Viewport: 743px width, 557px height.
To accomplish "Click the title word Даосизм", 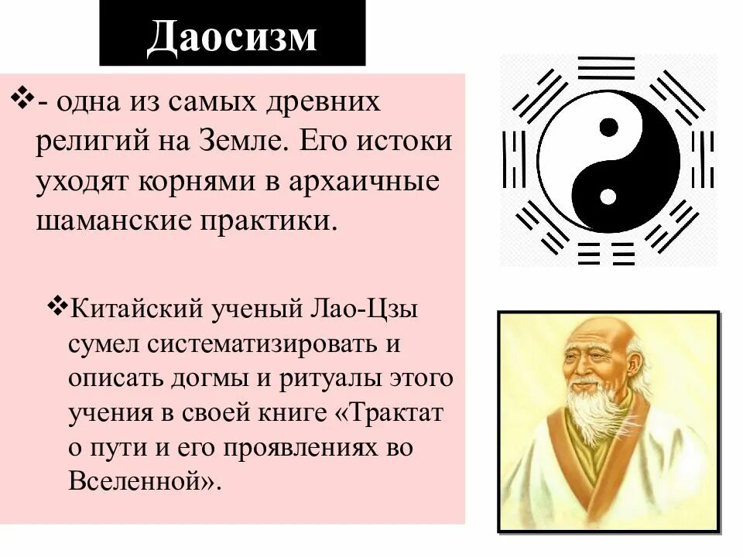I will pyautogui.click(x=232, y=36).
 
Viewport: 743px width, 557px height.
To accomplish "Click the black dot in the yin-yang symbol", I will pyautogui.click(x=609, y=125).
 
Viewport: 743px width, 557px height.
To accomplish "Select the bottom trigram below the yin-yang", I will pyautogui.click(x=607, y=251).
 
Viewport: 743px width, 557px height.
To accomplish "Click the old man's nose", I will pyautogui.click(x=584, y=371).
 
